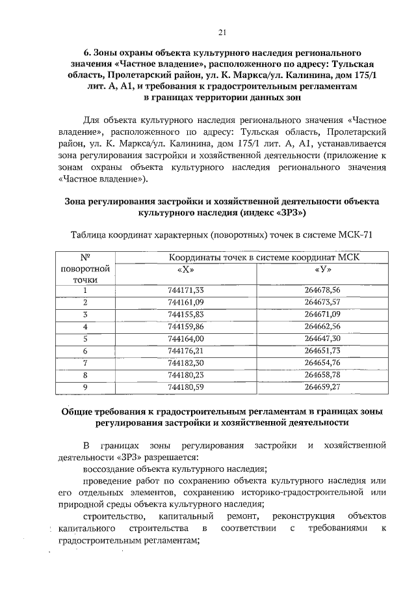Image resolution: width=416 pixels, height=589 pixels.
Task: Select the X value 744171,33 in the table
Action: tap(185, 290)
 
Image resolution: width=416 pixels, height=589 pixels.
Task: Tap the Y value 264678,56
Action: tap(322, 290)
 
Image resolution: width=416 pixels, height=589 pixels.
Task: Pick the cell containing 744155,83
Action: tap(185, 314)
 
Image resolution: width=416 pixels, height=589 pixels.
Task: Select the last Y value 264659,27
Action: tap(322, 387)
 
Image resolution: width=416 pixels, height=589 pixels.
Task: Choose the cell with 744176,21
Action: tap(185, 351)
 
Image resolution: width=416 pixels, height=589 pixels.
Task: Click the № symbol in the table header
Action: tap(84, 257)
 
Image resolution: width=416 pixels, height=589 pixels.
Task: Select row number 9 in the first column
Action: tap(84, 387)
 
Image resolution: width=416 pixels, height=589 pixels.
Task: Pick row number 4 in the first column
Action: tap(84, 327)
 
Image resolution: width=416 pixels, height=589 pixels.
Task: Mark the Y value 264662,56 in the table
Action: tap(322, 327)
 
